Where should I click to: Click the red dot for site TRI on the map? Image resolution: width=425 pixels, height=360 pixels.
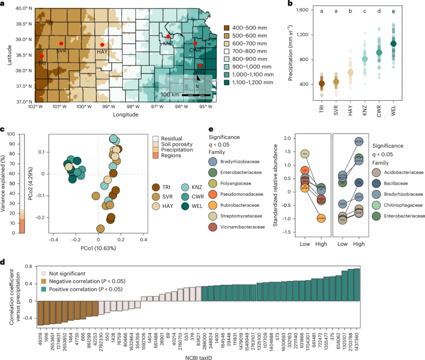click(x=42, y=56)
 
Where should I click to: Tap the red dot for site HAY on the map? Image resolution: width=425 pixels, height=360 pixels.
click(x=102, y=44)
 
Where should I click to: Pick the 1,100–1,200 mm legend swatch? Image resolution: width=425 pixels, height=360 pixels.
click(x=227, y=82)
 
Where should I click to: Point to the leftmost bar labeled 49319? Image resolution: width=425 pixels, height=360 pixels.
click(x=40, y=313)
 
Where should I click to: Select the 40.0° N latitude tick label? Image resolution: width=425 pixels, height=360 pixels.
click(x=20, y=9)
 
